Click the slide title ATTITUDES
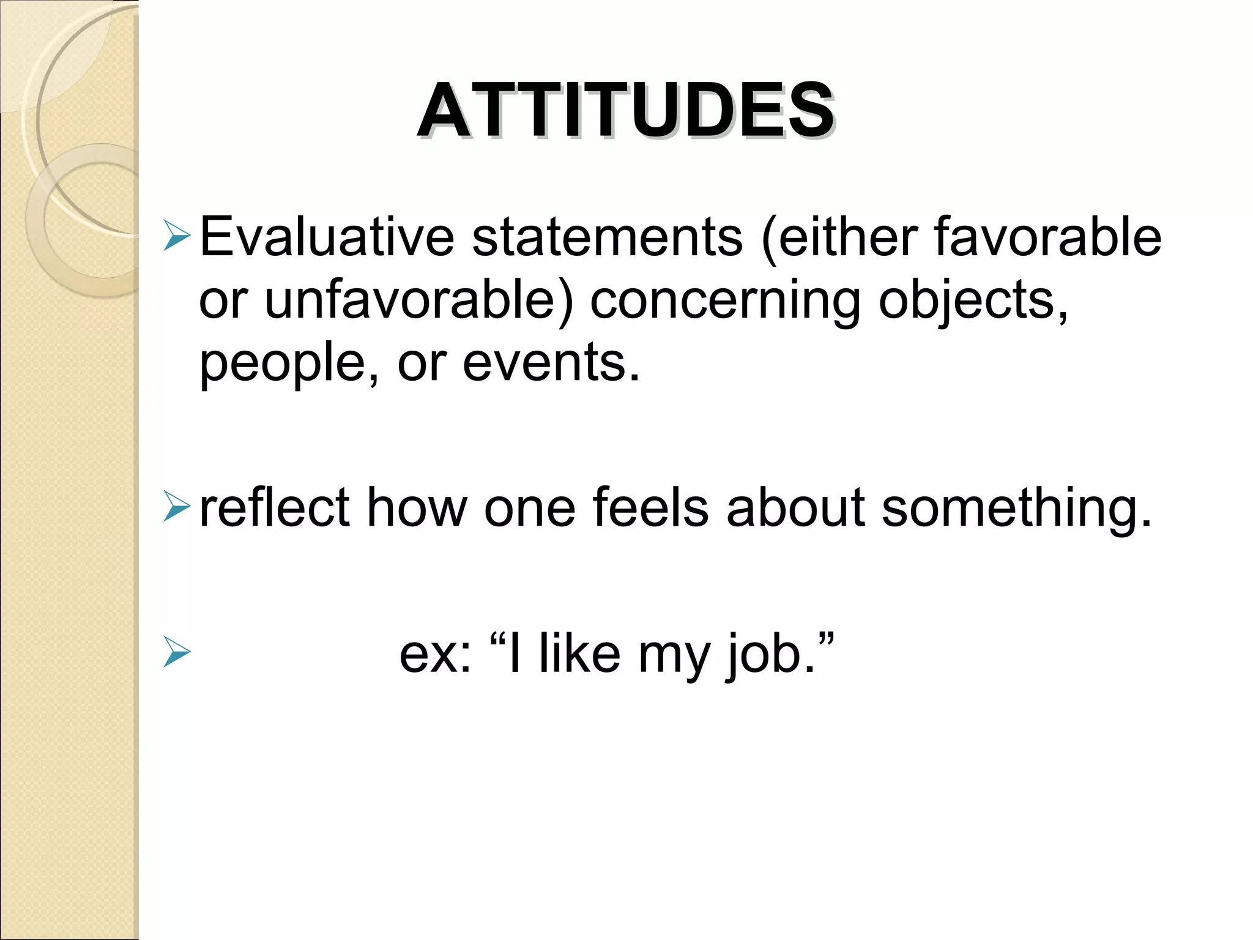(625, 111)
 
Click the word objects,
(973, 301)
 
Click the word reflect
(274, 508)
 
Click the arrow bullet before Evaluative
(177, 238)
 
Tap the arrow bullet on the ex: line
(177, 654)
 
